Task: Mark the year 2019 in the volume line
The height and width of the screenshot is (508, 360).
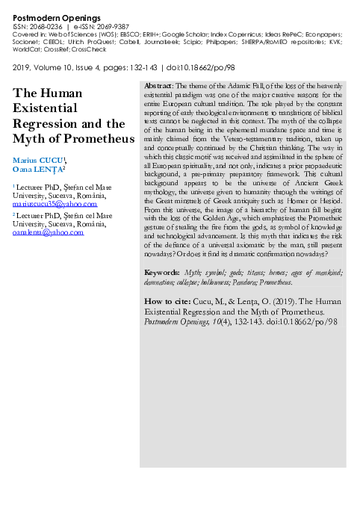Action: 22,67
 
